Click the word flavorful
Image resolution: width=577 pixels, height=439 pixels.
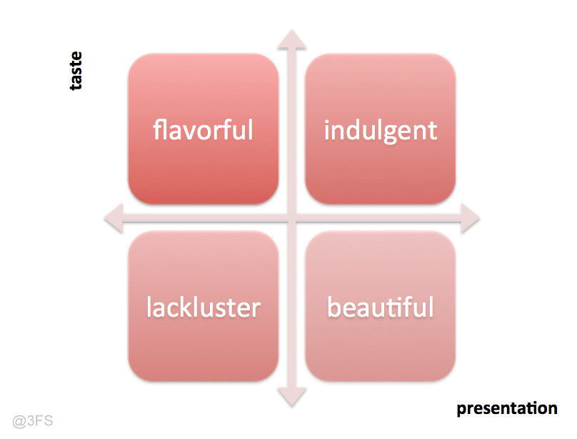[203, 130]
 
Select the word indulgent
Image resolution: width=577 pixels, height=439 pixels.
[380, 131]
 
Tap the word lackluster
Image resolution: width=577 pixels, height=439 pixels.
[203, 307]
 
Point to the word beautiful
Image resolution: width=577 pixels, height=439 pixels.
[380, 307]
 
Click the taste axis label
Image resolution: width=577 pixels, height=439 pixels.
[75, 70]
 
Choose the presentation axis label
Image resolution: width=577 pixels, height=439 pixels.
[506, 409]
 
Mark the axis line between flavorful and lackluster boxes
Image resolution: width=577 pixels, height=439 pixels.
[203, 218]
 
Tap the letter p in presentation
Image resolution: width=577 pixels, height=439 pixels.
[461, 410]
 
